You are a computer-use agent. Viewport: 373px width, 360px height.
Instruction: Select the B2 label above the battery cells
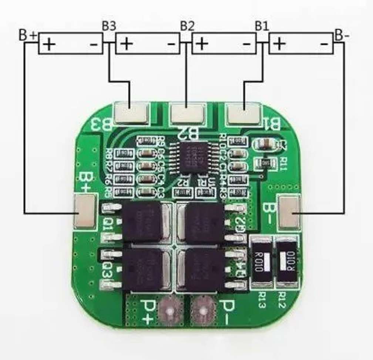click(187, 26)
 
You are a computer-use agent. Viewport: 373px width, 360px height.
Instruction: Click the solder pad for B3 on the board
click(132, 113)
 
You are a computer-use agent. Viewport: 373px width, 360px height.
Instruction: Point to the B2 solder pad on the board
click(187, 113)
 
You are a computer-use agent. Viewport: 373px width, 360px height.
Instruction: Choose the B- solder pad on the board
click(289, 212)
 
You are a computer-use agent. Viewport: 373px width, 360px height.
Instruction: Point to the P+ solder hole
click(170, 310)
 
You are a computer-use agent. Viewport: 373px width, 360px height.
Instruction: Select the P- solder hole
click(202, 310)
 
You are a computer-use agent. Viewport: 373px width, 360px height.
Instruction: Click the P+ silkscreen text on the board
click(147, 310)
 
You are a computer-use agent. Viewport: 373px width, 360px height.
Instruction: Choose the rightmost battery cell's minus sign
click(324, 44)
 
